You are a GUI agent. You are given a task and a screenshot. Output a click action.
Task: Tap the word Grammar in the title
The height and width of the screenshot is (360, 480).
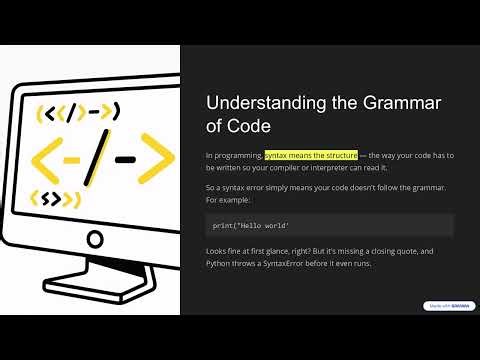point(398,104)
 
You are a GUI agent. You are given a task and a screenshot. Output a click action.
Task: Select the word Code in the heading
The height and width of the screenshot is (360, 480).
point(247,127)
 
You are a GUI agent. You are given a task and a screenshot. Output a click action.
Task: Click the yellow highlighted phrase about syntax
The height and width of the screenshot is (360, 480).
point(311,155)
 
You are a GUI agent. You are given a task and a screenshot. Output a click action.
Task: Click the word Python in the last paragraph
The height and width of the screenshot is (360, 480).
point(219,264)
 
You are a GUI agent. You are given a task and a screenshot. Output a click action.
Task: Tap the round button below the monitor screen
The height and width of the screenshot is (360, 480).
point(96,240)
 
